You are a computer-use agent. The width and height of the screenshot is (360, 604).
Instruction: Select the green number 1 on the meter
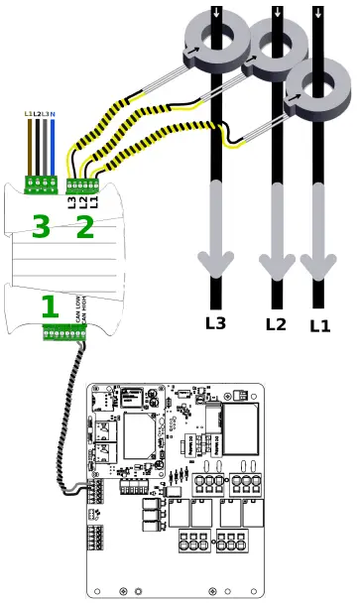coord(49,305)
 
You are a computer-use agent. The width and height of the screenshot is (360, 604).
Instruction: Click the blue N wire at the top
coord(53,149)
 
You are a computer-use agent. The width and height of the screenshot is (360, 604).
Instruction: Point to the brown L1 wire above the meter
coord(28,149)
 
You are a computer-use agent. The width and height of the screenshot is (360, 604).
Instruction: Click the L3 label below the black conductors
coord(215,322)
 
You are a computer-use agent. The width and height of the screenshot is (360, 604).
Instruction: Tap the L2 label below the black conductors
coord(276,323)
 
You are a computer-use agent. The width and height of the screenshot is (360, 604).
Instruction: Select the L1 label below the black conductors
coord(319,323)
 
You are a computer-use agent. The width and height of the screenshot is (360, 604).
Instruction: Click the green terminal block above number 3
coord(41,182)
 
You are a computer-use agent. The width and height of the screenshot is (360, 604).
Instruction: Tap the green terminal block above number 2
coord(84,183)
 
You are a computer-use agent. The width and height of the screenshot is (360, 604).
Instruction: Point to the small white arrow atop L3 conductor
coord(217,12)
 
